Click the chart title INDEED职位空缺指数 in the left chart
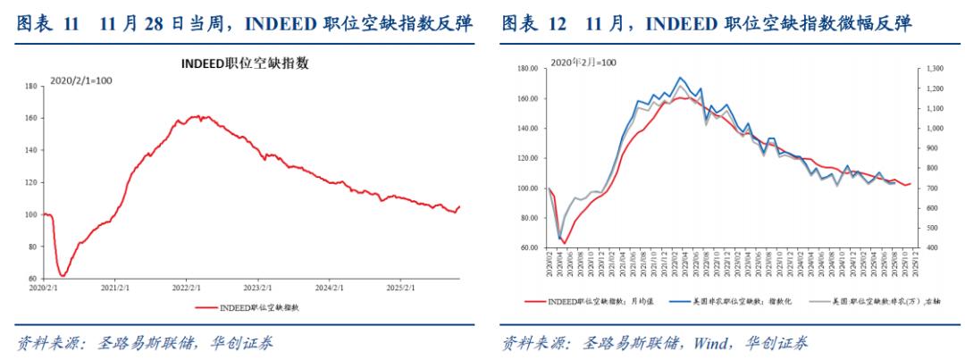pyautogui.click(x=246, y=63)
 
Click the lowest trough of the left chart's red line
pyautogui.click(x=62, y=275)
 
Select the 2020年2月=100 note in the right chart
pyautogui.click(x=583, y=63)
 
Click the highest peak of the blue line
pyautogui.click(x=680, y=78)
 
